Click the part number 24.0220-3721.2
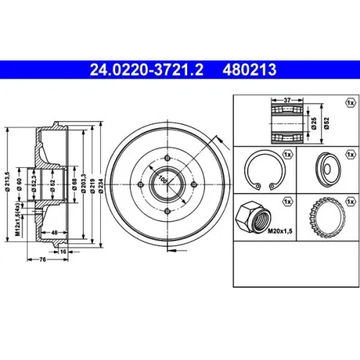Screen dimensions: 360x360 pos(147,70)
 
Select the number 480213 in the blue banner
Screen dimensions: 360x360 pos(249,70)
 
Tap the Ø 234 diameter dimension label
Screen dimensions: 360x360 pos(101,186)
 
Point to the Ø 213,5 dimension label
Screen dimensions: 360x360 pos(8,181)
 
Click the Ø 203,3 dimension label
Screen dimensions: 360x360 pos(84,184)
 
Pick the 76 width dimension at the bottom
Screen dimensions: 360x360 pos(42,259)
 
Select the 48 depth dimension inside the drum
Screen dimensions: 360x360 pos(55,233)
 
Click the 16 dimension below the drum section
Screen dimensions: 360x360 pos(63,251)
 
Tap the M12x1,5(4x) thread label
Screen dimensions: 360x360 pos(17,219)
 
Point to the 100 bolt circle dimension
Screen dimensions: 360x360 pos(163,179)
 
